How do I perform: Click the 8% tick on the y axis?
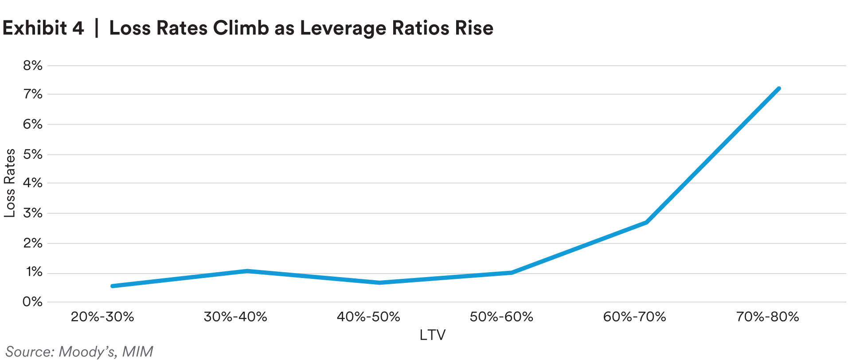[33, 66]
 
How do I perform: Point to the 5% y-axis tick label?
[33, 154]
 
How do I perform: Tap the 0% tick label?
[33, 302]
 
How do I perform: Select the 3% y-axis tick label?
[33, 213]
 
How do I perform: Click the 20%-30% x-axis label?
[102, 317]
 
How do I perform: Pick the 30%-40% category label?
[235, 317]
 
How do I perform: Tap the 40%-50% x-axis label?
[368, 317]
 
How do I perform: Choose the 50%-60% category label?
[501, 317]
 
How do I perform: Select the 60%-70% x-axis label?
[634, 317]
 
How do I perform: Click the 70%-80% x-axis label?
[767, 317]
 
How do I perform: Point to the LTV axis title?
[432, 335]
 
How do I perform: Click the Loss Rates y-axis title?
[10, 183]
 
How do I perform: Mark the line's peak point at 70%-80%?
[778, 89]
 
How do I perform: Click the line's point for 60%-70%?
[646, 222]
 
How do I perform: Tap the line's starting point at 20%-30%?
[113, 286]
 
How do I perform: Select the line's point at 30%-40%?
[247, 270]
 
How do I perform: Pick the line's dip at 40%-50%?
[380, 282]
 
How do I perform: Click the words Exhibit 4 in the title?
[43, 28]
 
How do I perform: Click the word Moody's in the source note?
[88, 352]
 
